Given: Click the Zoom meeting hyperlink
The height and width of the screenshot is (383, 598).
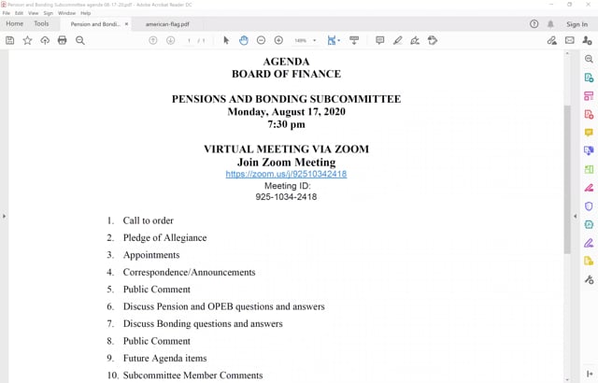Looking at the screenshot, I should click(x=286, y=174).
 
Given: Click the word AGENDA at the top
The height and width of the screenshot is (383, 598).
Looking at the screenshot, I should click(x=286, y=62).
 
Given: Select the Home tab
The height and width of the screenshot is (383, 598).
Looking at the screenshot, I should click(x=15, y=23).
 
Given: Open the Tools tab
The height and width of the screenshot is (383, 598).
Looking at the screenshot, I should click(x=41, y=23).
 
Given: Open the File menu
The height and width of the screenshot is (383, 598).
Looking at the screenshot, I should click(x=7, y=13).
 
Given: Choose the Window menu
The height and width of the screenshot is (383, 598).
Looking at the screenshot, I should click(x=66, y=13).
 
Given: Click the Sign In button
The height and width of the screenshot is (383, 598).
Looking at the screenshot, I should click(x=577, y=24).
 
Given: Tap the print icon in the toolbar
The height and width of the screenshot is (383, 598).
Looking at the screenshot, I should click(x=63, y=41).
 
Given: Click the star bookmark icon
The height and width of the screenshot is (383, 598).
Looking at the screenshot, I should click(x=27, y=41).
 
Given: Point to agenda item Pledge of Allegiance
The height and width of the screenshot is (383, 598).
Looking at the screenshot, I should click(x=164, y=237).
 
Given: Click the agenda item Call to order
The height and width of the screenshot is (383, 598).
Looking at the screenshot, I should click(x=148, y=220).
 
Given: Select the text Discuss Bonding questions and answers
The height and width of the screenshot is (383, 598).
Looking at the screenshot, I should click(x=202, y=324).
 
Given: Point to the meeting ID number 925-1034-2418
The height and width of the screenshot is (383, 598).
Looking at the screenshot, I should click(x=286, y=197).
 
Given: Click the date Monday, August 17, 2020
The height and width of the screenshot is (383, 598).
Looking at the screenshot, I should click(x=286, y=111).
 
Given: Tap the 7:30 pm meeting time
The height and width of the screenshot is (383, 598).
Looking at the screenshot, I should click(x=286, y=123).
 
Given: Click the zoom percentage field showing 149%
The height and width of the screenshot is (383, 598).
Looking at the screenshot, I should click(x=301, y=41).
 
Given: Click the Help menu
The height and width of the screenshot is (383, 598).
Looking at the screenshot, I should click(x=86, y=13).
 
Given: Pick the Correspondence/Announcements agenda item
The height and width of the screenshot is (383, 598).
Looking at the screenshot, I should click(x=189, y=272).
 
